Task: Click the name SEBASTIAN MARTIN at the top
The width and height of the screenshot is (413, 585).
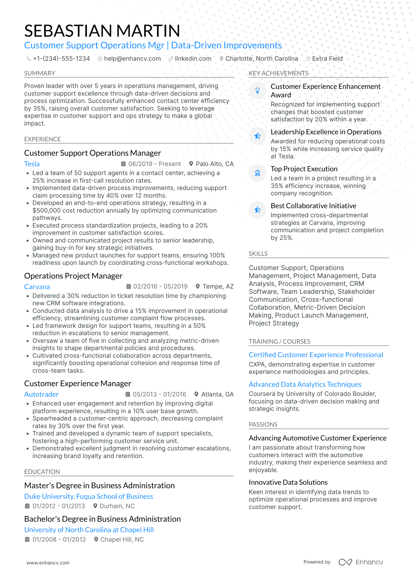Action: coord(102,31)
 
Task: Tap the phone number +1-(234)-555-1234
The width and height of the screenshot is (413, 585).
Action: coord(61,59)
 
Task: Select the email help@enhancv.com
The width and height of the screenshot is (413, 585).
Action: coord(132,59)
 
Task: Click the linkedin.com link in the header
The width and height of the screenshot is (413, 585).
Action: coord(193,59)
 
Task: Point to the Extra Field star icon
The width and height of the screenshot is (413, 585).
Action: coord(308,59)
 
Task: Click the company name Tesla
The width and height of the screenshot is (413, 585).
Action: coord(32,164)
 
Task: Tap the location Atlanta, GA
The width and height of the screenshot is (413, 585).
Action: coord(217,394)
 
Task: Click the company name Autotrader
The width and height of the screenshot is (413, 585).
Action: coord(41,394)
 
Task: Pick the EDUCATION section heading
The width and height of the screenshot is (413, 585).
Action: coord(42,472)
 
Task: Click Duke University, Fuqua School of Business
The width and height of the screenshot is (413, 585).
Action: coord(88,496)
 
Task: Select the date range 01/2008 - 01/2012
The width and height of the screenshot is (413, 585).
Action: coord(59,540)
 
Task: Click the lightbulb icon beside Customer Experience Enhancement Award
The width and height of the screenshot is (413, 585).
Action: coord(257,91)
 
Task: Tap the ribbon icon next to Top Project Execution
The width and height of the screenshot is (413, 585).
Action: coord(257,173)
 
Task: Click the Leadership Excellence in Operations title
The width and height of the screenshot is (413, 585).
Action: coord(326,132)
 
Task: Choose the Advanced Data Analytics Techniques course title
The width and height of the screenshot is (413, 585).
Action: coord(305,384)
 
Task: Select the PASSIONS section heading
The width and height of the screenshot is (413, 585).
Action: coord(263,425)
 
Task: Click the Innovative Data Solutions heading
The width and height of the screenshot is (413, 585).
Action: coord(288,482)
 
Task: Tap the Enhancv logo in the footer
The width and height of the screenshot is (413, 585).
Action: coord(361,562)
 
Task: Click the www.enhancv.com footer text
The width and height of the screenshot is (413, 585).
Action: coord(48,563)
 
